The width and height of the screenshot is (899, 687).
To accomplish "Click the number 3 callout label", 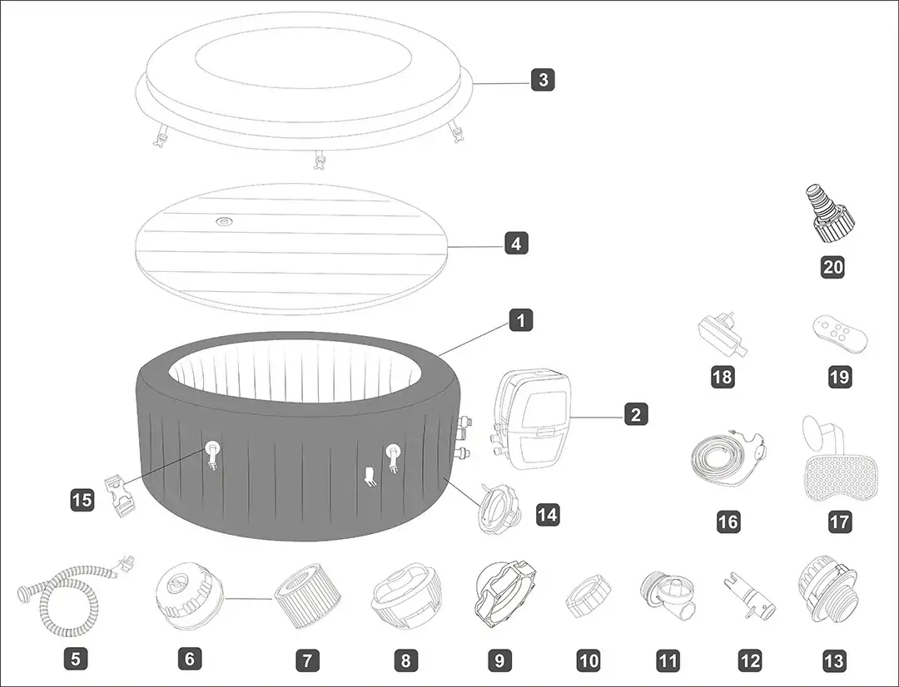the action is point(543,80).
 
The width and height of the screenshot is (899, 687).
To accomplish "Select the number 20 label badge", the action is point(833,266).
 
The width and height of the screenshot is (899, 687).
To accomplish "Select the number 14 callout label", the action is point(547,515).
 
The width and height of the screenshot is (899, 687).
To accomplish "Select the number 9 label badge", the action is point(499,660).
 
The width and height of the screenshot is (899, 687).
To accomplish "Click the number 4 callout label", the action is point(516,244).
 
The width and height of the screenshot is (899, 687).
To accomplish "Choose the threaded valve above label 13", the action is point(827,586).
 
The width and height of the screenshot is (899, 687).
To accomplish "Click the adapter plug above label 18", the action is point(723,334).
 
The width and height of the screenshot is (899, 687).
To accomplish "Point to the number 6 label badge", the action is point(189,659).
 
